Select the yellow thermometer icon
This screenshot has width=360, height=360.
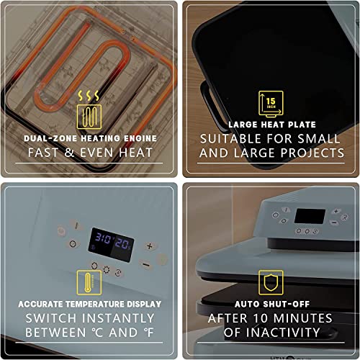[x=89, y=282]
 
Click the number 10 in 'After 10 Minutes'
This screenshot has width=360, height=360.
[x=266, y=318]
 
